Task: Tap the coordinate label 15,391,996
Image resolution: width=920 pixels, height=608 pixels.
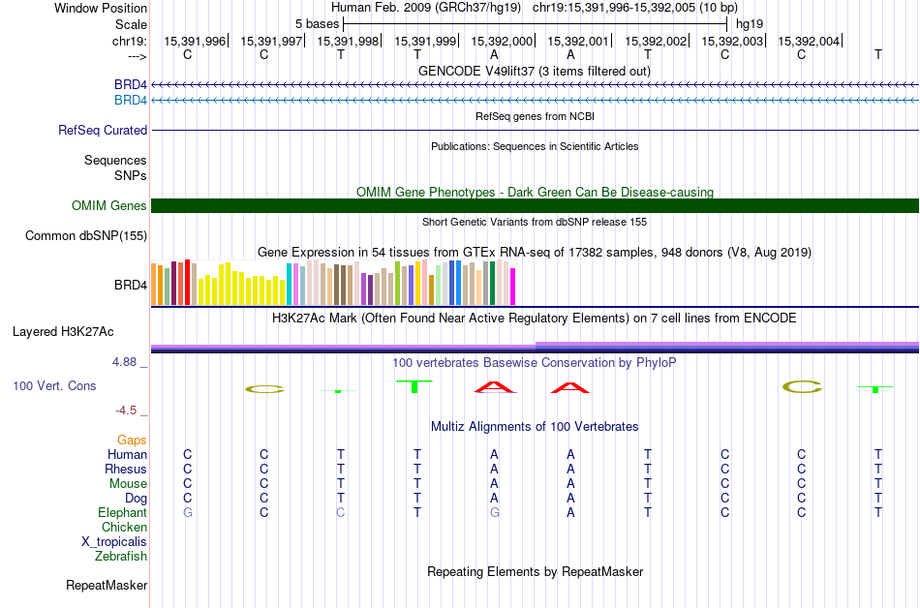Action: click(195, 41)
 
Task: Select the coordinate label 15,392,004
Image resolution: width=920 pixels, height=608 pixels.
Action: click(809, 41)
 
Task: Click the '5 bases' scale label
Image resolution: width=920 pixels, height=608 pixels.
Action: click(317, 23)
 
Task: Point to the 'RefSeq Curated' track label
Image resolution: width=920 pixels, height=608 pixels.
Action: click(103, 130)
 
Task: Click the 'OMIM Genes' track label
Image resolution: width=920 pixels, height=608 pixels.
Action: click(109, 205)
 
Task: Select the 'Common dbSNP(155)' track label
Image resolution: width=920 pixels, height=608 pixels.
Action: click(86, 235)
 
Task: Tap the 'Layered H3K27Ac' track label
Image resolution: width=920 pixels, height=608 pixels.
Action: click(63, 331)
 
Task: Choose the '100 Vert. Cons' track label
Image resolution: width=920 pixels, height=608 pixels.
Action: click(54, 385)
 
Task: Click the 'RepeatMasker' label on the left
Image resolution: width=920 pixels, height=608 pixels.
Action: click(107, 585)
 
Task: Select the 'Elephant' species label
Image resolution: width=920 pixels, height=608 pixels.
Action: click(122, 512)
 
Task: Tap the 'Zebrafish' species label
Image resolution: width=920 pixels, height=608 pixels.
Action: click(121, 556)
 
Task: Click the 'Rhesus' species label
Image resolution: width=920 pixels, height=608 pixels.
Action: click(126, 469)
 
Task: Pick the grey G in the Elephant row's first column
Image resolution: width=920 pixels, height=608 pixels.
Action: click(188, 512)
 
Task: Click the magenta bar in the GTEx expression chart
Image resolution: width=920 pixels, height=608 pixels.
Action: click(513, 286)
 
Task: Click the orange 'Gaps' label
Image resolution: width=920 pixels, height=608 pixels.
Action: click(132, 440)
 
